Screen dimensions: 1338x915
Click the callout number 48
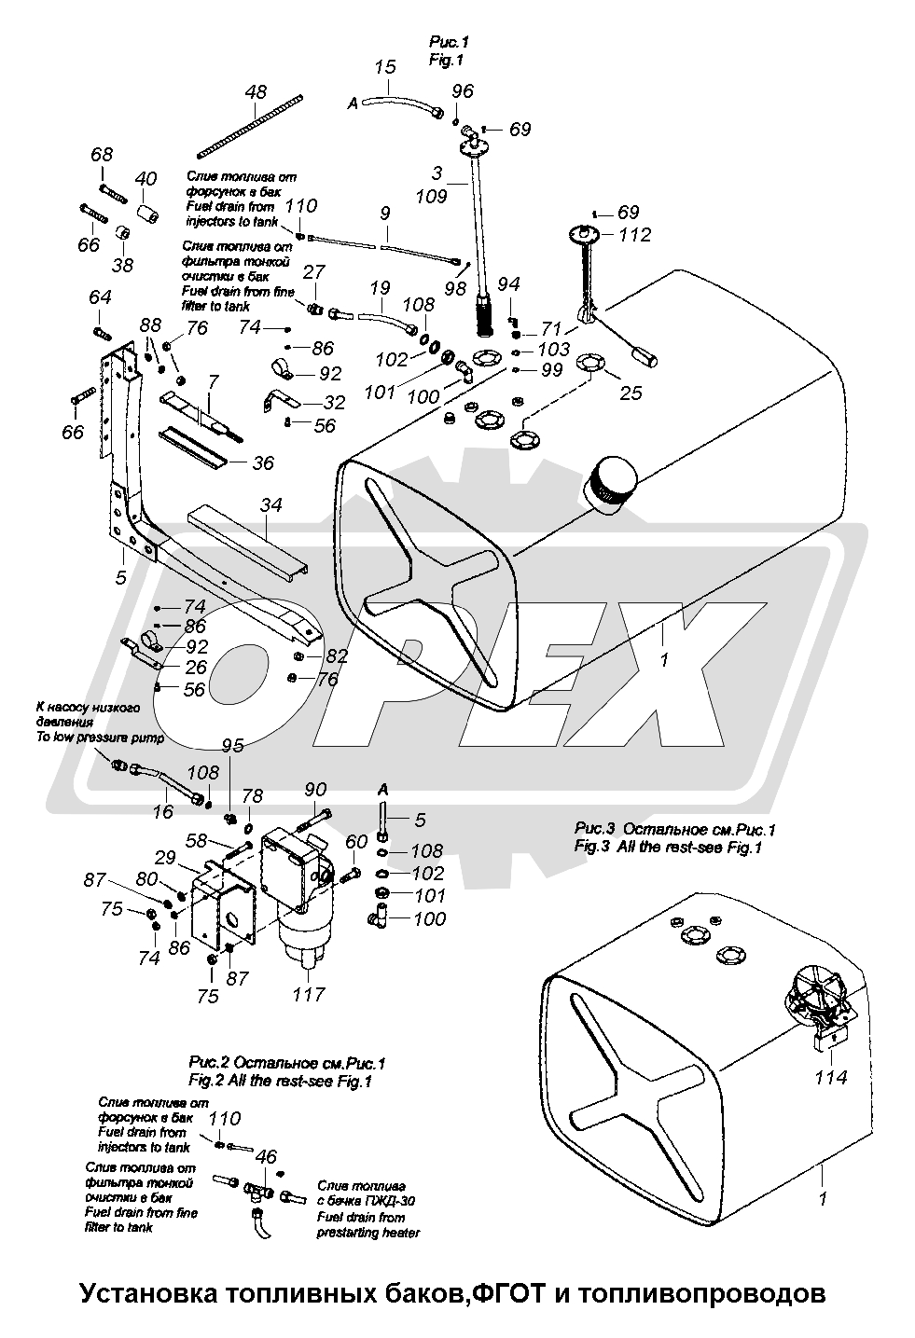[256, 92]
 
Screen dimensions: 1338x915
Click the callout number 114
[830, 1078]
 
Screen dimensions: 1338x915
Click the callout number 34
[270, 504]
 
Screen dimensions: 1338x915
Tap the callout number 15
[385, 68]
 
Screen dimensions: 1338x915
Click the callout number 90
[316, 791]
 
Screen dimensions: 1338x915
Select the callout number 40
[146, 179]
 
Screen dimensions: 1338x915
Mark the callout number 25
[631, 393]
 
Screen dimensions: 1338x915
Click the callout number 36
[264, 462]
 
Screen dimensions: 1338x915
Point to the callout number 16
[162, 812]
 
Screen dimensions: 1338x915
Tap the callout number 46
[266, 1157]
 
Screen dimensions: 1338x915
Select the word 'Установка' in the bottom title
[143, 1294]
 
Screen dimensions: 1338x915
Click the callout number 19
[380, 289]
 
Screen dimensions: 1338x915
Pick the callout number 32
[332, 403]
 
